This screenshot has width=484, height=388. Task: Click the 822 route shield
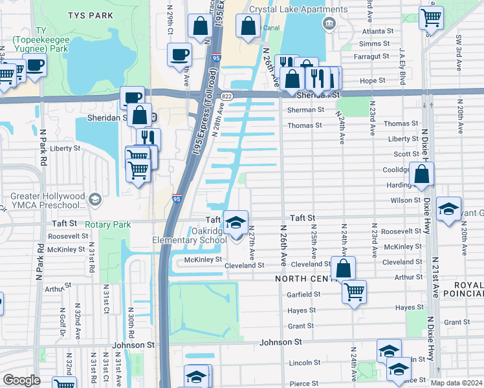pos(226,96)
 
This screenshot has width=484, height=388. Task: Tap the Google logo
pos(22,380)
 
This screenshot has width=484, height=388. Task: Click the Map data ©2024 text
pos(456,382)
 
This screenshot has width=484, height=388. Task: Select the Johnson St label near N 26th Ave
pos(281,341)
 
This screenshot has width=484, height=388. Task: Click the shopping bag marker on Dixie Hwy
pos(421,174)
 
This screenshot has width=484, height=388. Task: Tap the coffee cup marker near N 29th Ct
pos(179,54)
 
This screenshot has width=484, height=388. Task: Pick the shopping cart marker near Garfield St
pos(354,291)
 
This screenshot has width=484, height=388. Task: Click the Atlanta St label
pos(377,31)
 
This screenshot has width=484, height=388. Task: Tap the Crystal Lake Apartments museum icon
pos(329,24)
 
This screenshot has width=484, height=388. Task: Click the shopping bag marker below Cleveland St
pos(343,267)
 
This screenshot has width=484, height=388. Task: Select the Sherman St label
pos(305,110)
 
